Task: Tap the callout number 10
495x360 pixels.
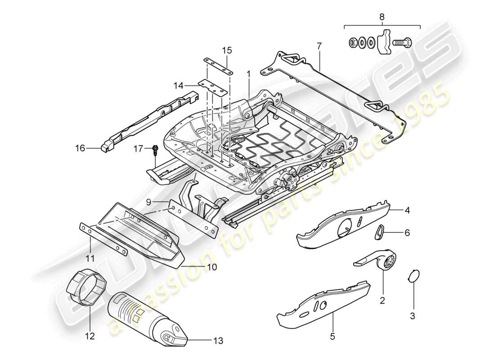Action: (x=211, y=267)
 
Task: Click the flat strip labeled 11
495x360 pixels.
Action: (x=103, y=238)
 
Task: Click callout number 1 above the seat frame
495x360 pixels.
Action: (x=247, y=73)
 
